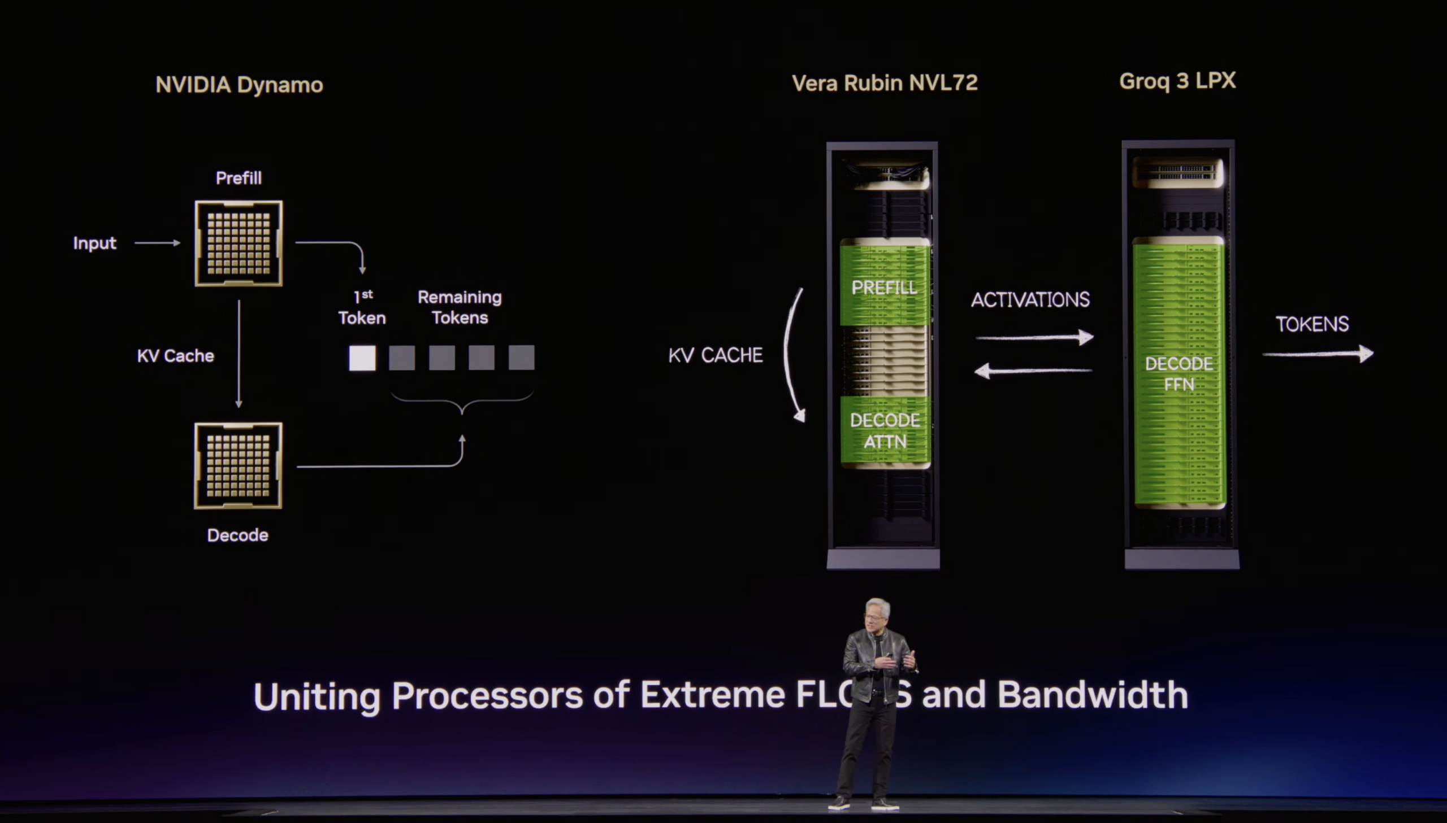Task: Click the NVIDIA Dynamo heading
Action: pos(239,85)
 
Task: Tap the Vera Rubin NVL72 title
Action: pos(885,83)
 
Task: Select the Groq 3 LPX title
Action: pos(1177,81)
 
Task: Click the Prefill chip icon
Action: pos(239,243)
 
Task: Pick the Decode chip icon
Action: pos(238,466)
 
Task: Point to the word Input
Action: pos(94,243)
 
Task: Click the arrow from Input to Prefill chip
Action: pos(157,243)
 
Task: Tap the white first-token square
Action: pos(362,358)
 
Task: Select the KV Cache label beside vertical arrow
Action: pos(175,355)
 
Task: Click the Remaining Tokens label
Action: pos(459,307)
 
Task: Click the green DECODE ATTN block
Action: pos(885,431)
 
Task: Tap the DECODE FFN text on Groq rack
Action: pos(1179,373)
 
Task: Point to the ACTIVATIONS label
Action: pos(1030,299)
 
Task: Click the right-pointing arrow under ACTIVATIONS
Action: pos(1034,337)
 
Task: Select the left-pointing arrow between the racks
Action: pos(1033,371)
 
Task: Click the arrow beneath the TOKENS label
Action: pos(1318,354)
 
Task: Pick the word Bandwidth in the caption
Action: pos(1092,695)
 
